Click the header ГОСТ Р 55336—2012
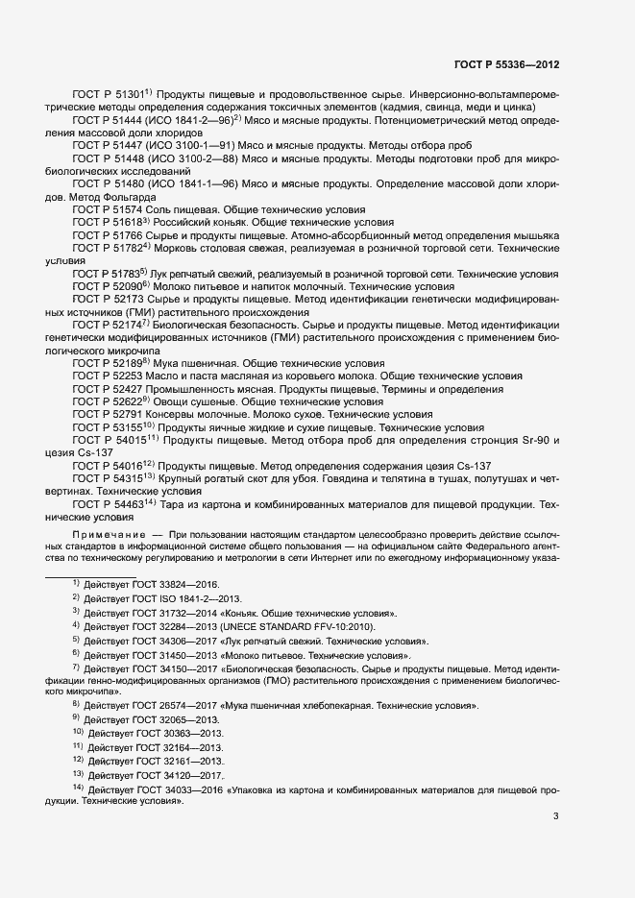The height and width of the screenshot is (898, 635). coord(507,65)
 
